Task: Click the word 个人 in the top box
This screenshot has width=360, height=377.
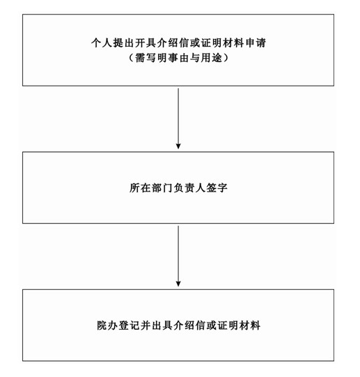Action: coord(102,43)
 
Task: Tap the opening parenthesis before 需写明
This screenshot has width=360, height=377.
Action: coord(131,58)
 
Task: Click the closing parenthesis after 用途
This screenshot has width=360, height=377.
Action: coord(226,58)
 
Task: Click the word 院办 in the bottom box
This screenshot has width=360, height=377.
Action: coord(107,325)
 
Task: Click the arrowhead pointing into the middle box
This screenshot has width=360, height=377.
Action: coord(178,146)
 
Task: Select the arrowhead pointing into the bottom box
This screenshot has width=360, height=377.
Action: coord(178,284)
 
